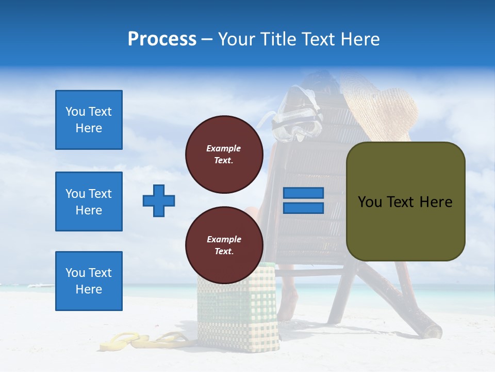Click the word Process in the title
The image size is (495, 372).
(162, 39)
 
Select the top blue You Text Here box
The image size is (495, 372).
(89, 120)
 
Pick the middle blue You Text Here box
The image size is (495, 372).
(89, 202)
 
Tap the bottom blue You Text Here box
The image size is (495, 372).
(89, 281)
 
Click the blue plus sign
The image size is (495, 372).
(159, 200)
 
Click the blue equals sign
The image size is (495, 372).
(303, 200)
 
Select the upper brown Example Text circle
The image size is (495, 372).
(224, 154)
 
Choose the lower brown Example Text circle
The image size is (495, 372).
(224, 245)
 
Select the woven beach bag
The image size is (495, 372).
(237, 310)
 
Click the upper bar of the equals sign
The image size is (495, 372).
(303, 193)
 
